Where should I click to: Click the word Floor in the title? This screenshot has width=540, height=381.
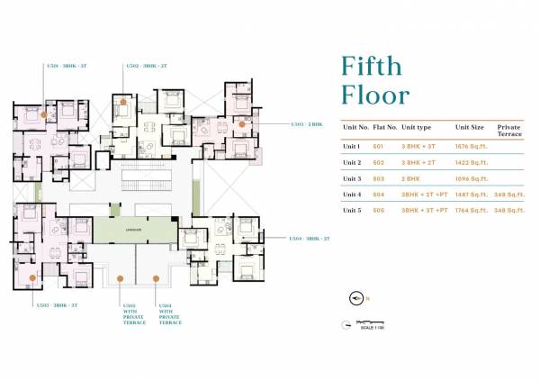pyautogui.click(x=374, y=95)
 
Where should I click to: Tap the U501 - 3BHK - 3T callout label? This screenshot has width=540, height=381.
pyautogui.click(x=67, y=66)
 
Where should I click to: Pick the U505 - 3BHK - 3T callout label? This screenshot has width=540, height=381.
pyautogui.click(x=57, y=305)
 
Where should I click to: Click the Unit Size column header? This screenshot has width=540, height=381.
pyautogui.click(x=469, y=127)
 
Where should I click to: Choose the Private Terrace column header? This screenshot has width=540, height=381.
pyautogui.click(x=508, y=131)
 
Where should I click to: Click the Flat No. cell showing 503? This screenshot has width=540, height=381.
pyautogui.click(x=379, y=178)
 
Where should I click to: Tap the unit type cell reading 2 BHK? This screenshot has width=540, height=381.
pyautogui.click(x=415, y=178)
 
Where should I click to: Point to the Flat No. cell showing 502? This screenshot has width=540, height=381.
pyautogui.click(x=379, y=162)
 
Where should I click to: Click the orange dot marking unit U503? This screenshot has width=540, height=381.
pyautogui.click(x=241, y=123)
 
